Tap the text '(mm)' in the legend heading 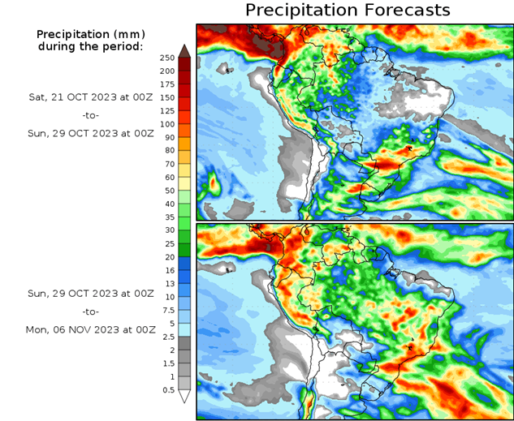pos(128,34)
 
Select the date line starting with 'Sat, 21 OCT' pos(89,96)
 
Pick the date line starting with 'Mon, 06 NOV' pos(89,329)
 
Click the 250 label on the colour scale pos(167,58)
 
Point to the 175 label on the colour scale pos(167,84)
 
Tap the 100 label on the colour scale pos(167,124)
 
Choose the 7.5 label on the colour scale pos(167,310)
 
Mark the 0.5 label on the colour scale pos(167,389)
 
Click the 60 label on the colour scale pos(167,177)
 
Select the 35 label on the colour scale pos(167,217)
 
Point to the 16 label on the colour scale pos(167,270)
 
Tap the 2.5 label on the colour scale pos(167,337)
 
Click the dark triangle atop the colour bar pos(185,51)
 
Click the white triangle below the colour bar pos(185,396)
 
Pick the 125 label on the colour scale pos(167,110)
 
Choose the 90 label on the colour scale pos(167,137)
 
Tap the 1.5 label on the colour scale pos(167,363)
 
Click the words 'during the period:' pos(89,46)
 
